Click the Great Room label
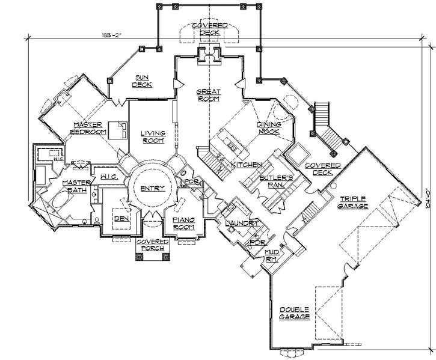(x=209, y=96)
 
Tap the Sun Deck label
(x=142, y=81)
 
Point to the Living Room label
(x=153, y=136)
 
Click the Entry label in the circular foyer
(x=152, y=189)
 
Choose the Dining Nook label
(x=269, y=127)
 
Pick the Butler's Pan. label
(x=275, y=182)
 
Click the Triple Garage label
(x=354, y=202)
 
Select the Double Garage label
(x=295, y=313)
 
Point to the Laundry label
(x=242, y=223)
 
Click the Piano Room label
(x=183, y=224)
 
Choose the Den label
(x=121, y=218)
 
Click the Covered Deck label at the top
(x=209, y=29)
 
